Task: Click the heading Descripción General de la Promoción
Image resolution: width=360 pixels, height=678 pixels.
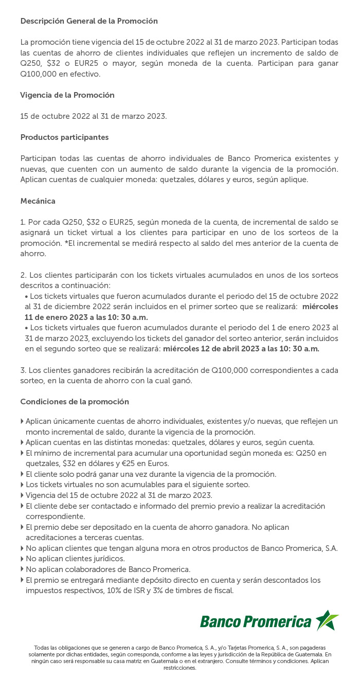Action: [89, 21]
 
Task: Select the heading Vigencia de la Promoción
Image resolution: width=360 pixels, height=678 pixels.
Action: [67, 95]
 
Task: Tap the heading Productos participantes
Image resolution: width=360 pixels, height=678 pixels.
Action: [64, 137]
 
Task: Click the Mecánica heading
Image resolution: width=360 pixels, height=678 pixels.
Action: [38, 201]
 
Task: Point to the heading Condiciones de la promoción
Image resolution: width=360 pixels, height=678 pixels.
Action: [75, 401]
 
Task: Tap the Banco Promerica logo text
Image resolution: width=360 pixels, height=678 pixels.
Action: [256, 621]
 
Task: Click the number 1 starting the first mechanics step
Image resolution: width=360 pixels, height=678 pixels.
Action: [22, 222]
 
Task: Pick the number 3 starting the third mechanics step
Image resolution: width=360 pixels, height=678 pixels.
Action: [23, 370]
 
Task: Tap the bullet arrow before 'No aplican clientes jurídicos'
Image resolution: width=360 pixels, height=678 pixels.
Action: [22, 559]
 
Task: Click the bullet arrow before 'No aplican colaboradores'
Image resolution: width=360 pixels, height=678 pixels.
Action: [22, 569]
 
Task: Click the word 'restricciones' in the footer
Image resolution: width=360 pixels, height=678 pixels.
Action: [180, 668]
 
